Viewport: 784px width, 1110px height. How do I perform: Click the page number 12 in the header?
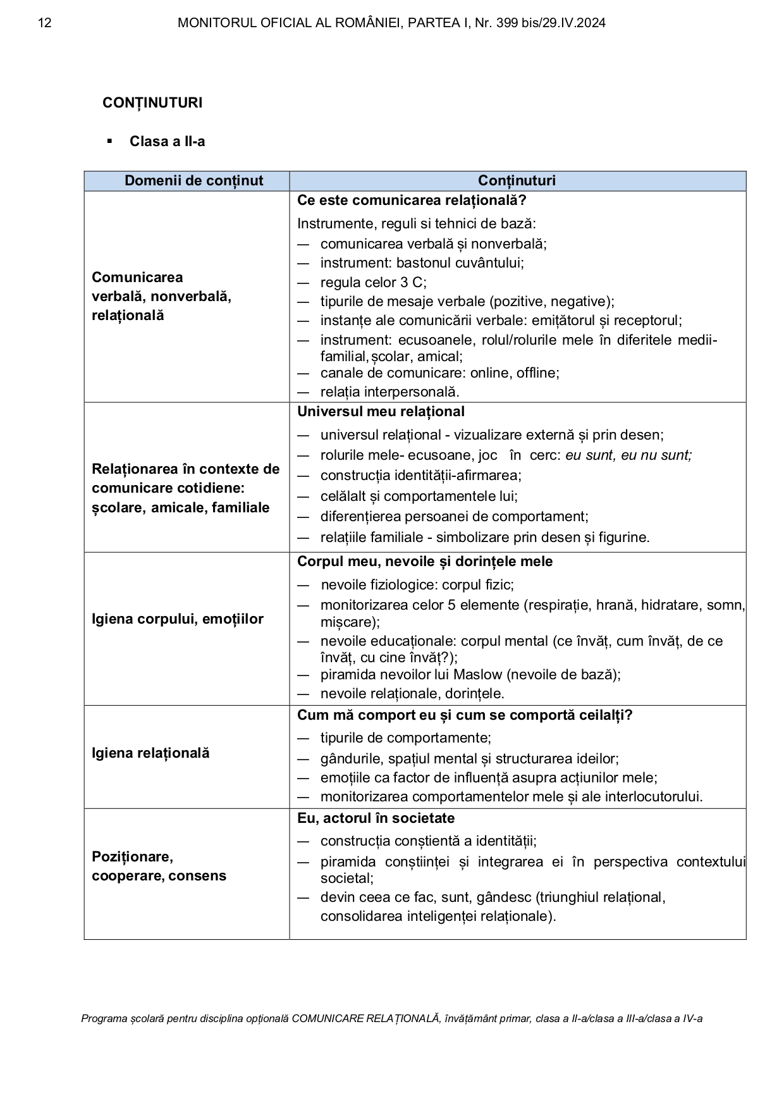pyautogui.click(x=44, y=23)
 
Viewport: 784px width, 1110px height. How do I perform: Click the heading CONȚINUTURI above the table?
pyautogui.click(x=152, y=102)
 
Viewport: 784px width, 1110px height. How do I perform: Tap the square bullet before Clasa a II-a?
pyautogui.click(x=110, y=140)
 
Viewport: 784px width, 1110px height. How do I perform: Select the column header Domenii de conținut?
pyautogui.click(x=193, y=181)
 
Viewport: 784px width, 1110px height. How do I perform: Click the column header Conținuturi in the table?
pyautogui.click(x=517, y=181)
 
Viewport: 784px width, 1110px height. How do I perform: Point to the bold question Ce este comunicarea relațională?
pyautogui.click(x=412, y=200)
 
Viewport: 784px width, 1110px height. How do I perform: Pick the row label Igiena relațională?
pyautogui.click(x=150, y=753)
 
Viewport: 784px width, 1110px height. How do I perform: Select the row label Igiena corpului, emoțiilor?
pyautogui.click(x=177, y=619)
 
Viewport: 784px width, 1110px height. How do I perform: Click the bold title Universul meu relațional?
pyautogui.click(x=381, y=412)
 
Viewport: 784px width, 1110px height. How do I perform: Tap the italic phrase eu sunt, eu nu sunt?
pyautogui.click(x=628, y=455)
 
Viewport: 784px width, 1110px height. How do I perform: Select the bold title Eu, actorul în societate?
pyautogui.click(x=376, y=818)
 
